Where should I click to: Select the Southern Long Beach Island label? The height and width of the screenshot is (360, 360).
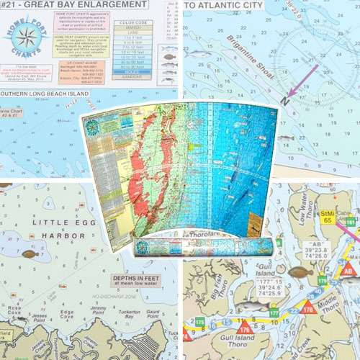pyautogui.click(x=43, y=94)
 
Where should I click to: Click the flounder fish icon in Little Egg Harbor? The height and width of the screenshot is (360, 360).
pyautogui.click(x=30, y=254)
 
